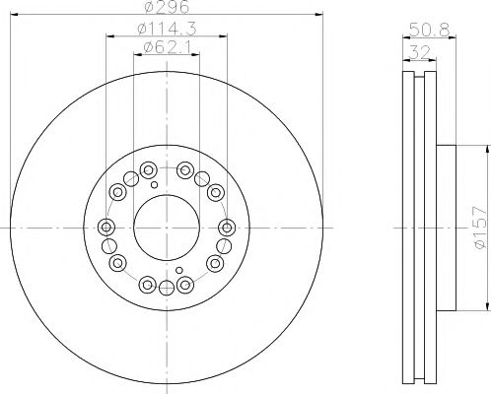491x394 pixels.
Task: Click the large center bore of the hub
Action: click(x=166, y=227)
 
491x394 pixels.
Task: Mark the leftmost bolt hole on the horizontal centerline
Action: click(x=105, y=228)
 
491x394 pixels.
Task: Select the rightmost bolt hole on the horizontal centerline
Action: click(x=227, y=228)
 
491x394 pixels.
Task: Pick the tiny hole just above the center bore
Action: click(x=153, y=182)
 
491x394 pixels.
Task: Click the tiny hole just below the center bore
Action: click(x=178, y=271)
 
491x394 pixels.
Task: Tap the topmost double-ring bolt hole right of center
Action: click(x=184, y=168)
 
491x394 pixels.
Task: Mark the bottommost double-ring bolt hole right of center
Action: click(x=184, y=286)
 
